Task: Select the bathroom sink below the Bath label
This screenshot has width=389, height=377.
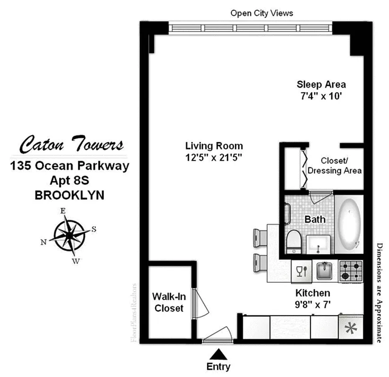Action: [320, 244]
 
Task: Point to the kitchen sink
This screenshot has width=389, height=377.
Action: [325, 270]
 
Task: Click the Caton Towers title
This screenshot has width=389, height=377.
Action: [72, 144]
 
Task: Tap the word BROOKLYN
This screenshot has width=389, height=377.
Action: [69, 195]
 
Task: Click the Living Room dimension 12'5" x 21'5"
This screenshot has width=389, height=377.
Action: [214, 157]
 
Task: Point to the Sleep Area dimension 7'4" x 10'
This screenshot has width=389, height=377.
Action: [321, 96]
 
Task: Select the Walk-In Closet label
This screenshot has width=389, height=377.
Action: [168, 302]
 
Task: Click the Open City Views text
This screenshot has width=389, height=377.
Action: [262, 13]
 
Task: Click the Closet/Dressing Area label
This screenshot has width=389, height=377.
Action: [335, 165]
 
